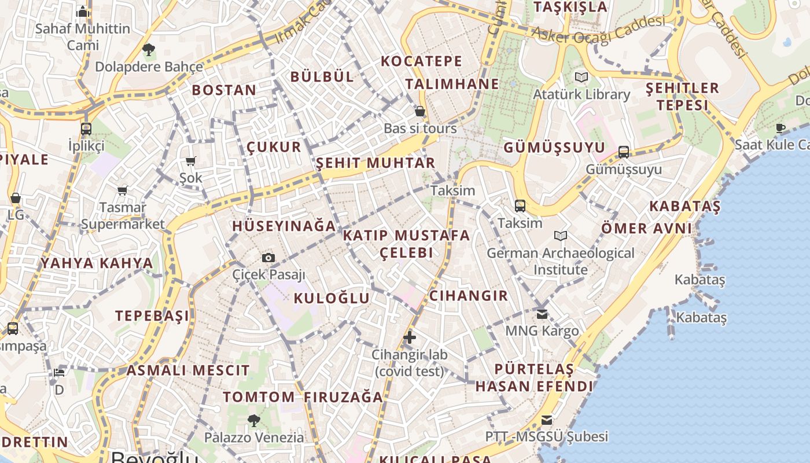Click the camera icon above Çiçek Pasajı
point(268,258)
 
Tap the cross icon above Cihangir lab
point(410,337)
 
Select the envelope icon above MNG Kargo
point(542,314)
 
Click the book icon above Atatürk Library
point(581,77)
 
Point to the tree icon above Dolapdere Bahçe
point(149,50)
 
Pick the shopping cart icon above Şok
point(191,161)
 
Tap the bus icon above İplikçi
point(86,128)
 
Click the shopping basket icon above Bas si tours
point(420,111)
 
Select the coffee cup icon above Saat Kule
point(780,128)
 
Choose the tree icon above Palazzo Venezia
point(253,420)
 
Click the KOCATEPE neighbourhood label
point(422,61)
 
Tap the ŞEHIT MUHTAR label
point(375,163)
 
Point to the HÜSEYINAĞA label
point(284,226)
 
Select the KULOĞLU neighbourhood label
point(332,298)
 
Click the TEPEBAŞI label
point(152,316)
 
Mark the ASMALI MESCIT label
point(189,370)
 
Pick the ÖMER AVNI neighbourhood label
point(646,228)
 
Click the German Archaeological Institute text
point(561,262)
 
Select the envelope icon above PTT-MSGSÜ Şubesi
point(547,420)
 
